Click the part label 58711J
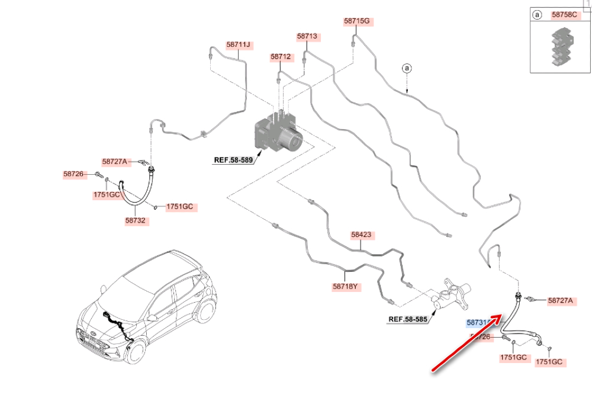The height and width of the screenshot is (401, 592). [239, 44]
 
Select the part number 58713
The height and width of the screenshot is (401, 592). [307, 37]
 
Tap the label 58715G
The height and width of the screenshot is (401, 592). [357, 21]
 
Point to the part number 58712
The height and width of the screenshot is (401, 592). [281, 57]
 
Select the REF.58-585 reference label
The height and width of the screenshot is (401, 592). [407, 320]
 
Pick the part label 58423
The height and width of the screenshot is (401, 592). [361, 235]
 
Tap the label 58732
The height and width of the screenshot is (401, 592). [137, 220]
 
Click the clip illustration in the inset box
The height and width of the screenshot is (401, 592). [559, 47]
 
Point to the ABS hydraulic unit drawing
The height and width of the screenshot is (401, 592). [278, 133]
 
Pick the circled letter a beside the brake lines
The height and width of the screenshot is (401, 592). [407, 68]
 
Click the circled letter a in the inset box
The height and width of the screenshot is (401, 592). [538, 15]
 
